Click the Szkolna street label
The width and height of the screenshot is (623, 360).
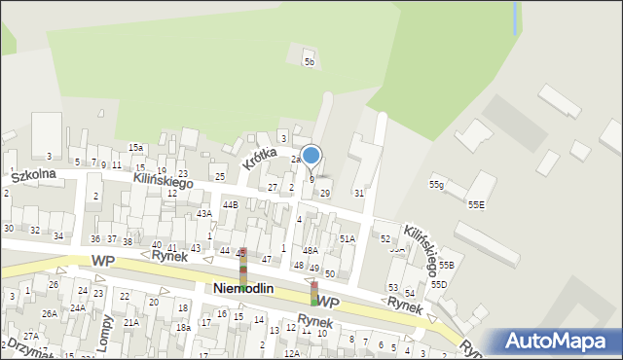(33, 175)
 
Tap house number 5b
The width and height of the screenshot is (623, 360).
(310, 62)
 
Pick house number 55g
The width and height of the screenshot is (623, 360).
(436, 185)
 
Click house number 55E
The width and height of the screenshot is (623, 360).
(476, 205)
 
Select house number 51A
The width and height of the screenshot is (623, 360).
(347, 238)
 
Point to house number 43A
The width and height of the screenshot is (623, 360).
(203, 213)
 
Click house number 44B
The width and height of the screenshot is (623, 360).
(230, 205)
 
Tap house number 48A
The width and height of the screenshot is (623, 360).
(310, 250)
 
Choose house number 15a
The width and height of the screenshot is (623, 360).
(135, 148)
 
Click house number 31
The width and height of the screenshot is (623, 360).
(358, 194)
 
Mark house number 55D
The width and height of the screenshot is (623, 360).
(439, 284)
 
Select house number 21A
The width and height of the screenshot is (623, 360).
(130, 322)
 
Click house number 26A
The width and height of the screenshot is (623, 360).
(49, 313)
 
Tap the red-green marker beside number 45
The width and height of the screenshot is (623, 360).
(243, 270)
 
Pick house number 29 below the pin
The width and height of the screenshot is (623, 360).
(325, 194)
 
